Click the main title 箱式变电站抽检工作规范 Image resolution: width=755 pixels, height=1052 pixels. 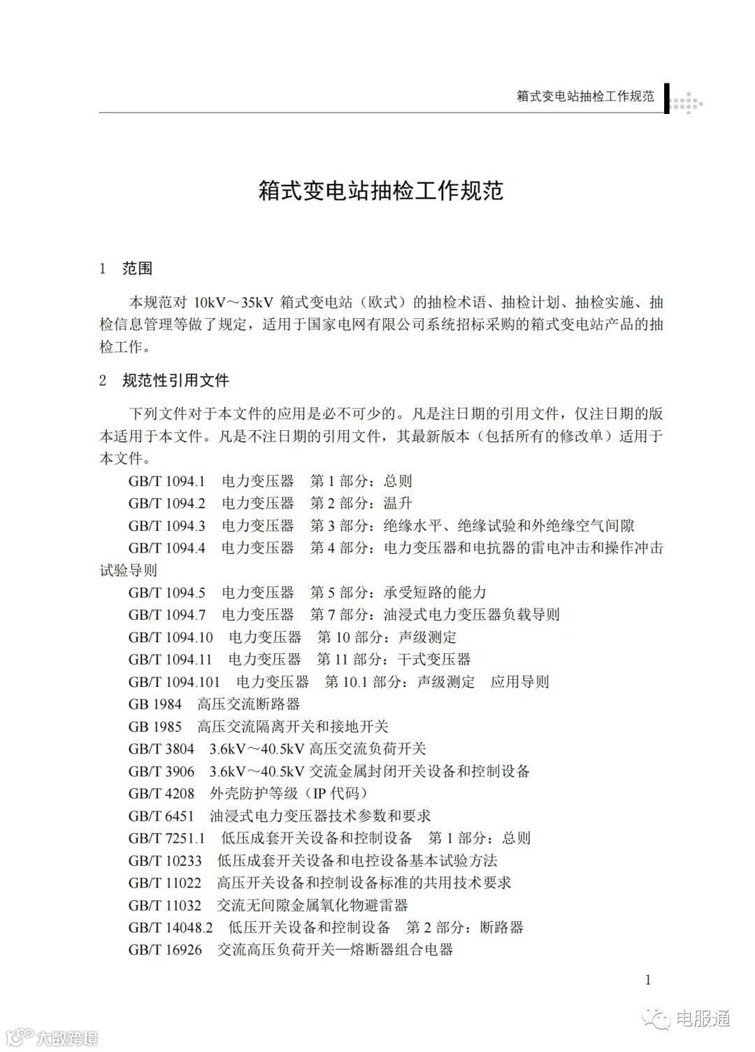381,191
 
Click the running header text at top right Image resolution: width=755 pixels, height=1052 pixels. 585,96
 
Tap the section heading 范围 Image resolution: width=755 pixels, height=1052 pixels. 137,269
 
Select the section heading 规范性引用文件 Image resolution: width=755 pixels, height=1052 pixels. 175,381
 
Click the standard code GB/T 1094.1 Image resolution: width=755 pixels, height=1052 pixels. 166,481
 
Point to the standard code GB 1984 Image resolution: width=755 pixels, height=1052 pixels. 154,704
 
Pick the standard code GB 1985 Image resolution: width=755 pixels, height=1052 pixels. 154,727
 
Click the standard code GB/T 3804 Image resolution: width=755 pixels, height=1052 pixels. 161,749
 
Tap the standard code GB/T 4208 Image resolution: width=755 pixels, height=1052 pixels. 161,794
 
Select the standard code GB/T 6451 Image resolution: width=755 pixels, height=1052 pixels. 161,816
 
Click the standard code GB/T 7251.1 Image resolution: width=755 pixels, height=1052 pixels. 166,839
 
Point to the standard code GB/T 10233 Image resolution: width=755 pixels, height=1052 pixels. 165,861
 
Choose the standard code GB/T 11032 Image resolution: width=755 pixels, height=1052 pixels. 165,906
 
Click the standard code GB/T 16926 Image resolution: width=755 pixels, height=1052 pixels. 165,950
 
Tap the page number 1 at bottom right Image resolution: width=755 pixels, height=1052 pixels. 648,980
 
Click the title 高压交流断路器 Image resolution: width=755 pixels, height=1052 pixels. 249,704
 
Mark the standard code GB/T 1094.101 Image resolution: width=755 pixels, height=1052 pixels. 174,682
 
